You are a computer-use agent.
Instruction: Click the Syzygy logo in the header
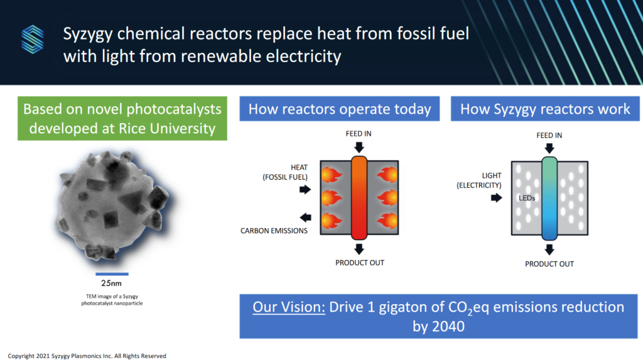[33, 39]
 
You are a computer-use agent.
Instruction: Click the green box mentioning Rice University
[122, 119]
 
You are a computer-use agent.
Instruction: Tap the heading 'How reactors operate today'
[340, 109]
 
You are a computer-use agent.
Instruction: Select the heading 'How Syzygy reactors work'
[545, 109]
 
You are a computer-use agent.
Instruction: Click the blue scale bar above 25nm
[112, 274]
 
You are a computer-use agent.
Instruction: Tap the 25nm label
[112, 283]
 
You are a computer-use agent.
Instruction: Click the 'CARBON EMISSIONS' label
[274, 231]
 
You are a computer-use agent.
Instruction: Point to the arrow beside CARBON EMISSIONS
[306, 218]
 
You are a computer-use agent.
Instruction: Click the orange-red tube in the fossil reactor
[359, 197]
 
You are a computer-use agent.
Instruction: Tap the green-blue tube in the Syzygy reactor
[549, 197]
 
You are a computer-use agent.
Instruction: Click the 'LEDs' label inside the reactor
[526, 197]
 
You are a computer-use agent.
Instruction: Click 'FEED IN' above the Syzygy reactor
[549, 135]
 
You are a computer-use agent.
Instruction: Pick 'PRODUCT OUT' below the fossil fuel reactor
[359, 262]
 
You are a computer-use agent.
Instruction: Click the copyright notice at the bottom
[87, 356]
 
